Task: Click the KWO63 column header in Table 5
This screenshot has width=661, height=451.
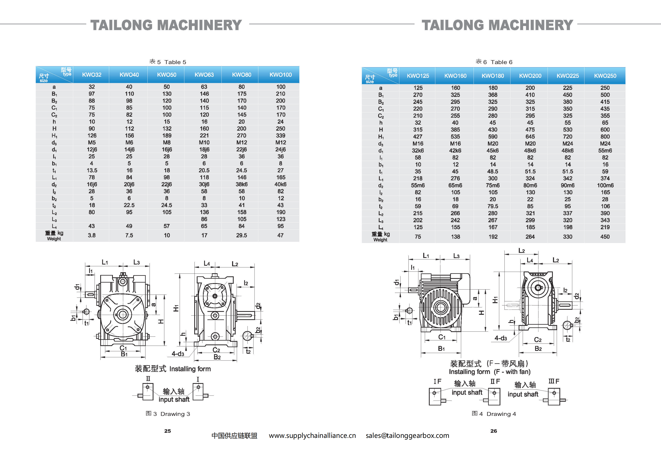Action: pos(204,75)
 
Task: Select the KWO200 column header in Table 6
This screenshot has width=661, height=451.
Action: pos(530,76)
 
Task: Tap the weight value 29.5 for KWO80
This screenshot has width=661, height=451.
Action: pos(241,236)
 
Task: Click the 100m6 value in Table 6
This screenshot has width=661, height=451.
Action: pos(605,185)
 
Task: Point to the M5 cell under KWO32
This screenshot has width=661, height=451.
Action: pos(92,142)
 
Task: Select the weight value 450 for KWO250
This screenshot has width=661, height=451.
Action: pos(605,237)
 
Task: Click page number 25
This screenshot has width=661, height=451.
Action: pos(168,431)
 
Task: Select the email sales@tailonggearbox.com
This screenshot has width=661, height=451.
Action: pos(407,436)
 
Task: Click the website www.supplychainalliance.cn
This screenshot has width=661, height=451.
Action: pos(312,436)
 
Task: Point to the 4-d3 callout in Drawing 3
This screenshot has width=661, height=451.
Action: pos(178,354)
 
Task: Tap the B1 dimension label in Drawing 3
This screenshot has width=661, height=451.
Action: pos(124,354)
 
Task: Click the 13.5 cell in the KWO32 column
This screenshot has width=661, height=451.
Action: pos(92,170)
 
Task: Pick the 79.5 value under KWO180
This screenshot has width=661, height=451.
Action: pos(493,206)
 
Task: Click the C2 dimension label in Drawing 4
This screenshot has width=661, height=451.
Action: pos(538,340)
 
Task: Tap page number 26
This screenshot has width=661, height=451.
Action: pos(494,431)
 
